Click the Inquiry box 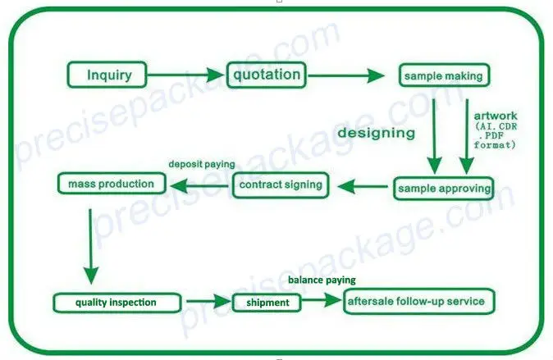[110, 76]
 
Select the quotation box [266, 75]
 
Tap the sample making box [444, 76]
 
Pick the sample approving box [444, 189]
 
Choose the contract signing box [281, 185]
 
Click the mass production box [107, 184]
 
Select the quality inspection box [117, 303]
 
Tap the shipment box [267, 303]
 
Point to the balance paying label [322, 280]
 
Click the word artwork [496, 116]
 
